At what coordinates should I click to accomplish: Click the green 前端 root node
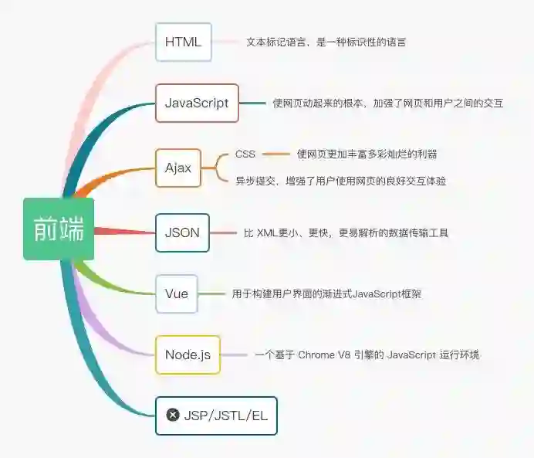coord(59,229)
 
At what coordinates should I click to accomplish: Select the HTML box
coord(183,42)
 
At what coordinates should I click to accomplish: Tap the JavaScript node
coord(197,103)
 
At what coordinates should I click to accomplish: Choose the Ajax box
coord(178,168)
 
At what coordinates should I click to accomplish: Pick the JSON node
coord(182,232)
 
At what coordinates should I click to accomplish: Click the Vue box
coord(177,293)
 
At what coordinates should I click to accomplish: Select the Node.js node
coord(188,355)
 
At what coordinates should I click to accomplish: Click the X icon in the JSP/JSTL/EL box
coord(173,416)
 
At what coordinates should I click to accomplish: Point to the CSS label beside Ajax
coord(245,154)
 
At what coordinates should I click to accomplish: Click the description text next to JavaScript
coord(387,103)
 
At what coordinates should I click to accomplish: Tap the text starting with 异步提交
coord(341,181)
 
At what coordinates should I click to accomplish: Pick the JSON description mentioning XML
coord(346,232)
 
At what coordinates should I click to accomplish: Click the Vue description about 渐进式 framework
coord(326,293)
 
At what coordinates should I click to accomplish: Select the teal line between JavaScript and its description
coord(252,103)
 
